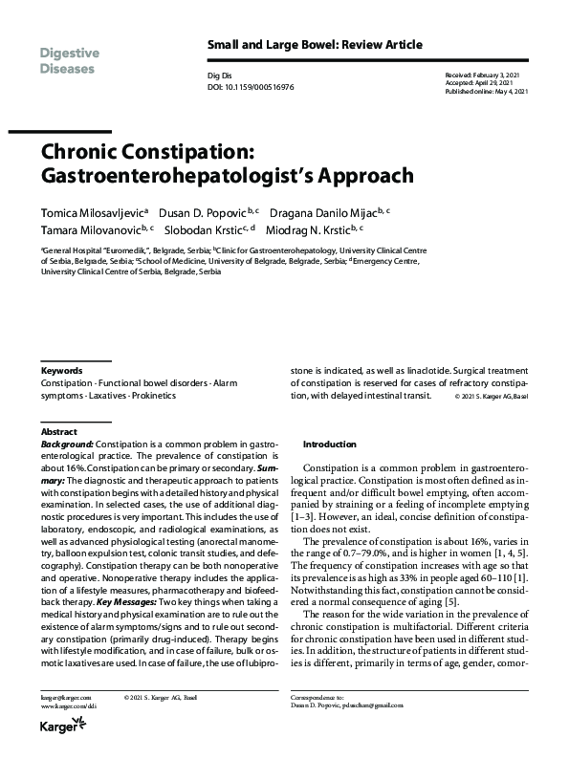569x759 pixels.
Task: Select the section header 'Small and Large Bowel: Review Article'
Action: (x=315, y=45)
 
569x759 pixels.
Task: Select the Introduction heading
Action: (x=330, y=445)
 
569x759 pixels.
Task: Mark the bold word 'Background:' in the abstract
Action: (x=67, y=445)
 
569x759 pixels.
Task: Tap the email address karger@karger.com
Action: (x=61, y=701)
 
